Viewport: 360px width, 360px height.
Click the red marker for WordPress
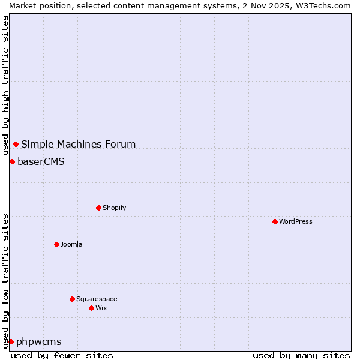click(275, 221)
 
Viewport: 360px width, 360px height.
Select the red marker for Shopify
click(98, 208)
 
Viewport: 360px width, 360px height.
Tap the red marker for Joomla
click(56, 244)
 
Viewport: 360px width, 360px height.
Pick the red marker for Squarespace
click(72, 299)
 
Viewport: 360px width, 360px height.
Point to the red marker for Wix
click(91, 308)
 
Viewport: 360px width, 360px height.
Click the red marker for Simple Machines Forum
click(16, 144)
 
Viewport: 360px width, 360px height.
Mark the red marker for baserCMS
click(12, 161)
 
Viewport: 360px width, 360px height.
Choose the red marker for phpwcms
click(11, 341)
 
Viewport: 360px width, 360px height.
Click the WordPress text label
click(296, 221)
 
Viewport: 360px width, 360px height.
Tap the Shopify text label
click(114, 208)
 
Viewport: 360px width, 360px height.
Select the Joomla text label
click(71, 244)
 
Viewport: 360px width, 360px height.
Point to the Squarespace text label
click(97, 299)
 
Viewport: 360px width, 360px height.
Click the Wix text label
click(101, 308)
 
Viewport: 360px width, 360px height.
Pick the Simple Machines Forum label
click(78, 144)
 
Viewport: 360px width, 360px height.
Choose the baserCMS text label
click(41, 161)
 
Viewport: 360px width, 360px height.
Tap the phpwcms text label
click(38, 341)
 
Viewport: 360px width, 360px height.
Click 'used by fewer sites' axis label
click(62, 355)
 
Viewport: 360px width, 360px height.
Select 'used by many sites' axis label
click(301, 355)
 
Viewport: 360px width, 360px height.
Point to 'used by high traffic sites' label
click(5, 86)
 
